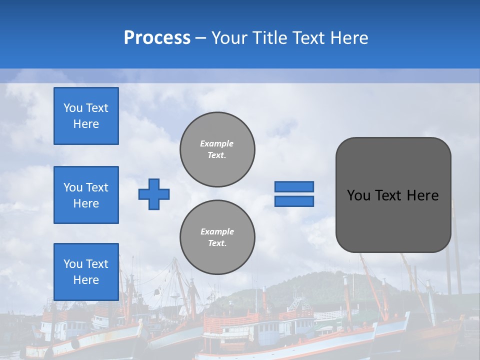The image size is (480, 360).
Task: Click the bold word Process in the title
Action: pyautogui.click(x=157, y=38)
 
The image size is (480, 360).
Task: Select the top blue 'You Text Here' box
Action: pyautogui.click(x=86, y=116)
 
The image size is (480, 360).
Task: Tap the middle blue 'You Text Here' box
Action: pyautogui.click(x=86, y=195)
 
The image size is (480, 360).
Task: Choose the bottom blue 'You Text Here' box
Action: pyautogui.click(x=86, y=271)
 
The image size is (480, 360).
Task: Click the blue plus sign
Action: pyautogui.click(x=154, y=194)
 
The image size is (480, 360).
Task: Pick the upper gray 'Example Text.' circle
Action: pyautogui.click(x=217, y=149)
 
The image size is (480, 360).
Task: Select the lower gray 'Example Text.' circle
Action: pyautogui.click(x=217, y=237)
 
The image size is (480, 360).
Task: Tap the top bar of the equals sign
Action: pyautogui.click(x=294, y=186)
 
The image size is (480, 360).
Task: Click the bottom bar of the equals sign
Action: pyautogui.click(x=294, y=201)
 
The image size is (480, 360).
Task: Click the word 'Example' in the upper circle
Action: pyautogui.click(x=216, y=143)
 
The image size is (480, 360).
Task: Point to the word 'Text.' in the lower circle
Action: pyautogui.click(x=217, y=243)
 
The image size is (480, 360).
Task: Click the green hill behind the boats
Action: pyautogui.click(x=300, y=287)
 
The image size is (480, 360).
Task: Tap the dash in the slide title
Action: pyautogui.click(x=200, y=38)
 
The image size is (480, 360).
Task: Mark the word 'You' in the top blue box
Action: pyautogui.click(x=73, y=108)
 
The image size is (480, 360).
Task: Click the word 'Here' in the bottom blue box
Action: pyautogui.click(x=86, y=280)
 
